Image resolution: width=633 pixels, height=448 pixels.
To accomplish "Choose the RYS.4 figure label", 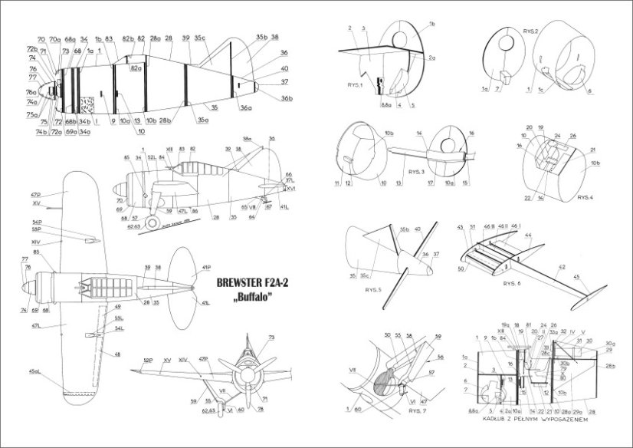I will tap(586, 196).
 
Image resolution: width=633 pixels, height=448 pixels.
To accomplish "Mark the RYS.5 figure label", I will tap(374, 288).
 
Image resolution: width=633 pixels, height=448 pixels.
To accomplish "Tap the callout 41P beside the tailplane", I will tap(205, 268).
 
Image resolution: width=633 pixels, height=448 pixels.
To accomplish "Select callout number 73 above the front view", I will tap(271, 338).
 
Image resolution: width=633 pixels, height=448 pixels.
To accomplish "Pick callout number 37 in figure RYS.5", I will tap(437, 253).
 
